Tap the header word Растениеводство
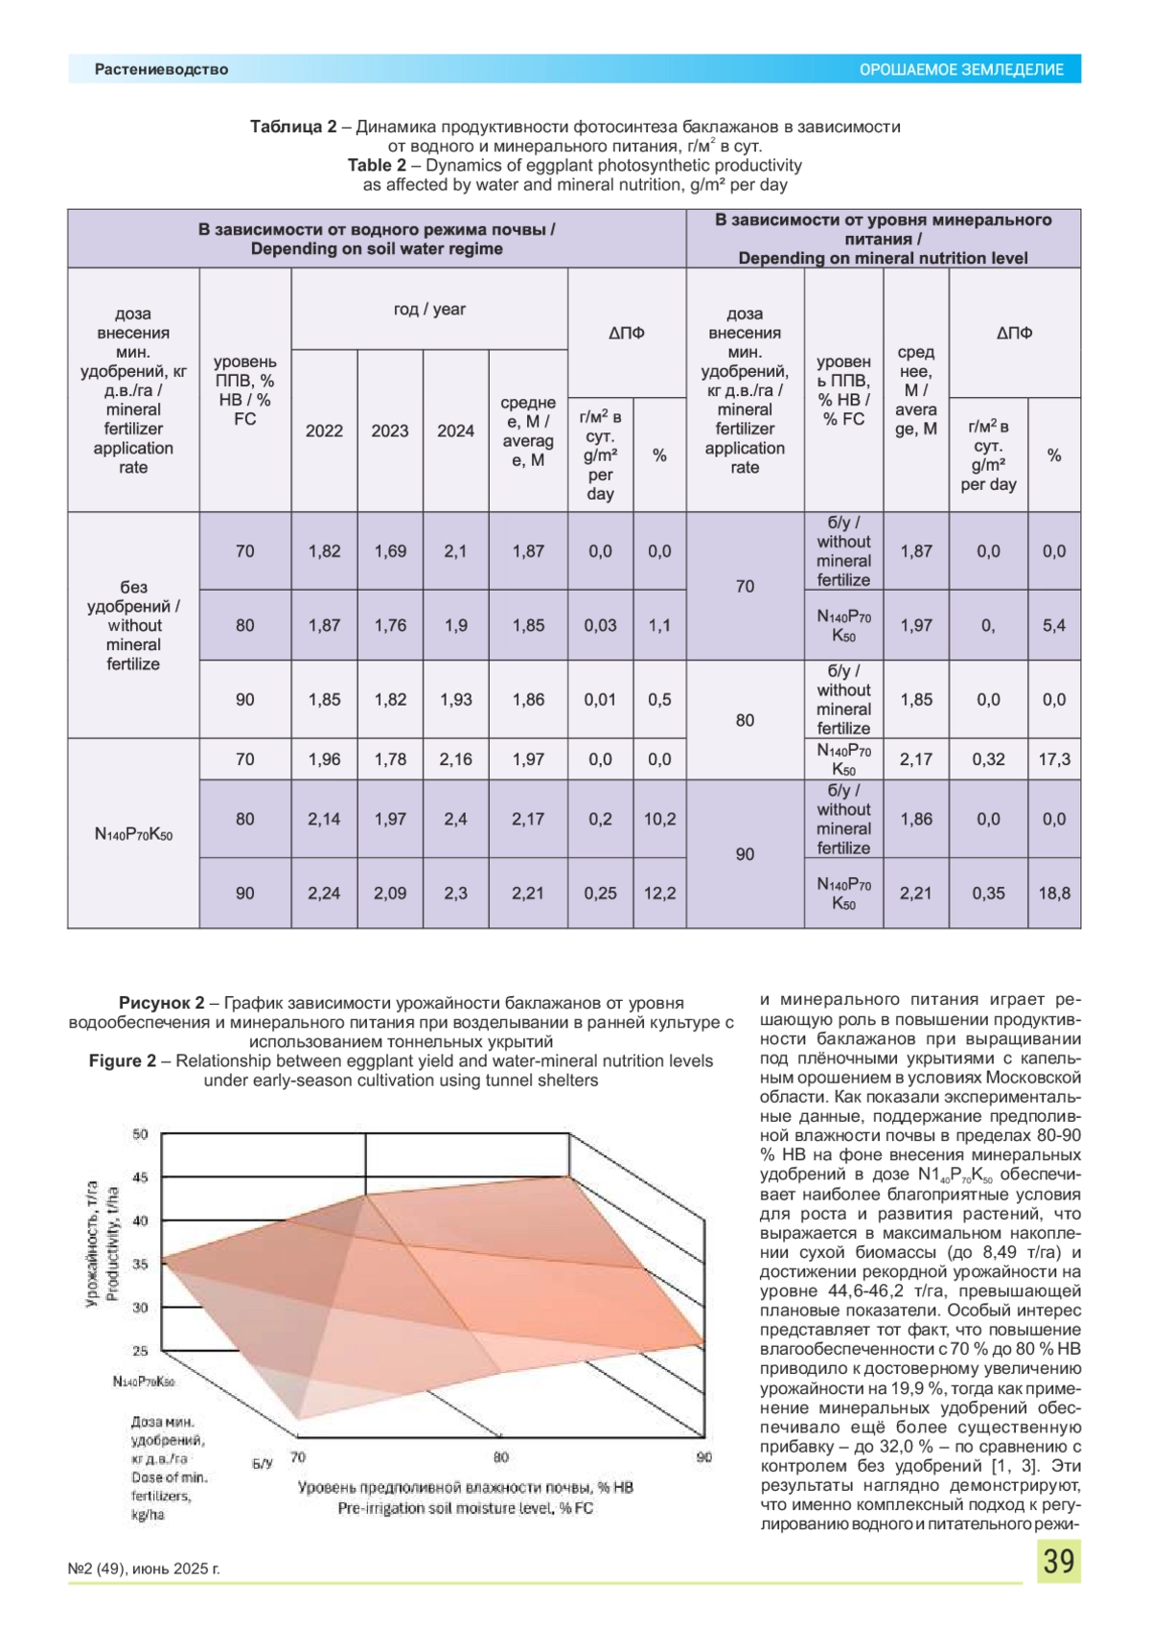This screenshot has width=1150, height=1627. point(161,69)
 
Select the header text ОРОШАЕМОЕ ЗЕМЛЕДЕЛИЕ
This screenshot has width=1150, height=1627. point(961,70)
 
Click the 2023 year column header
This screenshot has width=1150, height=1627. point(390,430)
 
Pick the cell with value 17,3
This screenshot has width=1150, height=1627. point(1054,759)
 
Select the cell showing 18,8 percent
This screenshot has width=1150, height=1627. point(1054,893)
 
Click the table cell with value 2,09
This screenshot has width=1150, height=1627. point(390,893)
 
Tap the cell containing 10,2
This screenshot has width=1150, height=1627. point(659,819)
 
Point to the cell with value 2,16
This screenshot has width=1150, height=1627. point(455,759)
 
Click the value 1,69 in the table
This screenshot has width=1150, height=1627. point(390,551)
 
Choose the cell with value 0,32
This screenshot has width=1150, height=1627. point(988,759)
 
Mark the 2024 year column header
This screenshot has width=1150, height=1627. point(455,430)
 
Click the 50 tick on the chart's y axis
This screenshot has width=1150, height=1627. point(141,1134)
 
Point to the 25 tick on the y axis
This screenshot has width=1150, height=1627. point(141,1351)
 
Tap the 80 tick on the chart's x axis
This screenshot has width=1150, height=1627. point(501,1457)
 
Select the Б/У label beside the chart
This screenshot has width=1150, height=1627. point(262,1463)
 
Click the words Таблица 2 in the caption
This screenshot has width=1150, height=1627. point(293,127)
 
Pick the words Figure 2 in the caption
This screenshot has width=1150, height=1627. point(123,1060)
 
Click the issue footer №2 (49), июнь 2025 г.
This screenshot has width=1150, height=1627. point(144,1569)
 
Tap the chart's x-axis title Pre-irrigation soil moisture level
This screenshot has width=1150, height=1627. point(465,1508)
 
